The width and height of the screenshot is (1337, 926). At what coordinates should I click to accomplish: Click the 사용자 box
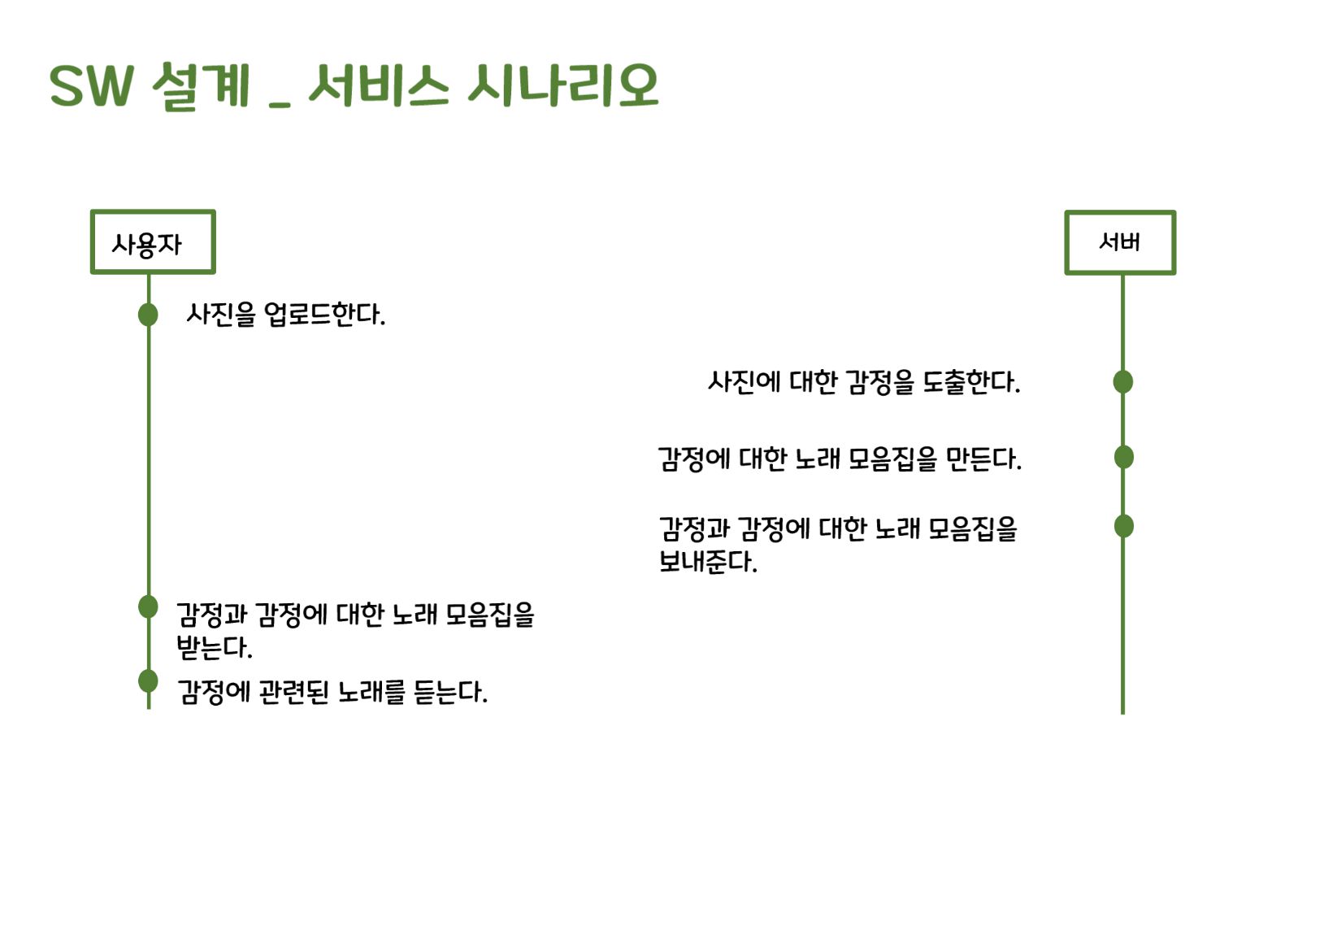coord(153,242)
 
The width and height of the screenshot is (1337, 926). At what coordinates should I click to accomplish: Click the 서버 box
coord(1120,242)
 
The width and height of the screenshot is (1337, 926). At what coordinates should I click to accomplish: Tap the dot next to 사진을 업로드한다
coord(148,315)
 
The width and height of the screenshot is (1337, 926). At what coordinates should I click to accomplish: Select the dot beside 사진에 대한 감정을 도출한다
coord(1122,381)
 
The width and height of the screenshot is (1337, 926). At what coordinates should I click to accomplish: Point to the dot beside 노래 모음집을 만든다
coord(1123,458)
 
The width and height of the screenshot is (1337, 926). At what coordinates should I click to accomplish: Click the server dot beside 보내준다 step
coord(1123,527)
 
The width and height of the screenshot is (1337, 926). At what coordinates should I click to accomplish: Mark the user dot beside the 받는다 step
coord(148,606)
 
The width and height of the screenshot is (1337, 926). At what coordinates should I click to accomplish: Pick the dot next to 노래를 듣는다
coord(148,680)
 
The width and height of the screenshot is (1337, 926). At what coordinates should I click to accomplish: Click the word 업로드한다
coord(324,315)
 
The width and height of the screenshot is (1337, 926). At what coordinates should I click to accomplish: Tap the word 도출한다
coord(971,382)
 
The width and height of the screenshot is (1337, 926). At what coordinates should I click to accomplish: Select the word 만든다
coord(983,459)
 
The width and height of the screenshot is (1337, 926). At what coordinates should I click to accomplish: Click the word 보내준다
coord(707,562)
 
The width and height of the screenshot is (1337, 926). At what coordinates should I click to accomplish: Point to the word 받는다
coord(215,647)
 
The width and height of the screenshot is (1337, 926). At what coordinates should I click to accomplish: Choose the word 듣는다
coord(450,693)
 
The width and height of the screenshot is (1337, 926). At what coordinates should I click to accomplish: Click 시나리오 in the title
coord(562,85)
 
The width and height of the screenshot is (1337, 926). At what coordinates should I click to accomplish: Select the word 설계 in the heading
coord(200,85)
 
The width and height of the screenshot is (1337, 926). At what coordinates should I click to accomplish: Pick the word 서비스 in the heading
coord(378,85)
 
